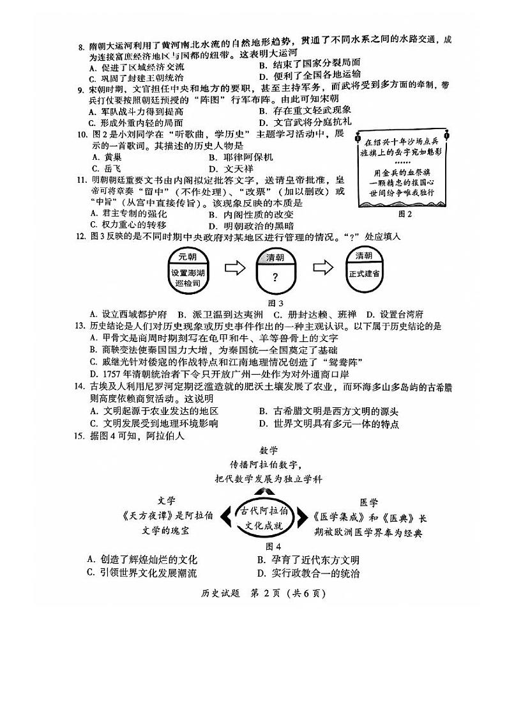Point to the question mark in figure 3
[275, 277]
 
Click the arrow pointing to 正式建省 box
[322, 268]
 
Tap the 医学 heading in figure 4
[368, 502]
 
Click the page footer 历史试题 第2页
[253, 593]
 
